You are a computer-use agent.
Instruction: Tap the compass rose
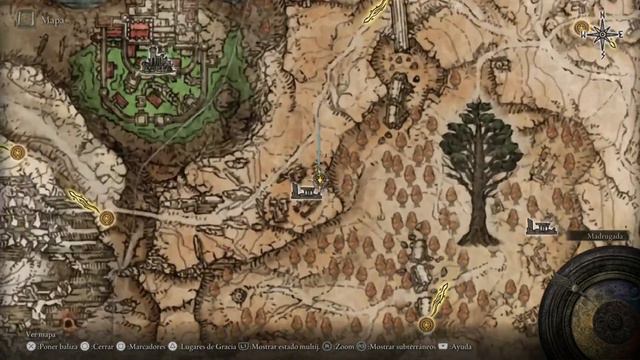(602, 36)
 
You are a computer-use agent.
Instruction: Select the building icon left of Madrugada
(540, 228)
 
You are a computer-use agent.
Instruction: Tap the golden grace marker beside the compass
(581, 29)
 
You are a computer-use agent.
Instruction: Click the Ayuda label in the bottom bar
(461, 346)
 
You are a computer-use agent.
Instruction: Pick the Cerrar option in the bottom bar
(103, 346)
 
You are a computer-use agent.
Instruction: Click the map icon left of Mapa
(25, 17)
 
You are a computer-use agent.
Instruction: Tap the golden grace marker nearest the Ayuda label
(427, 324)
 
